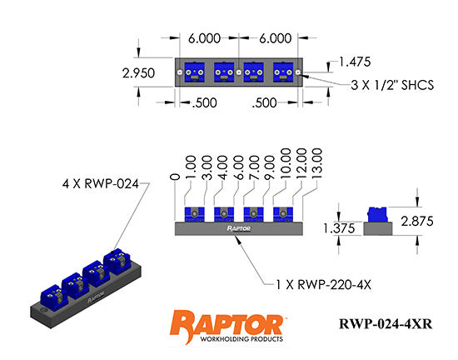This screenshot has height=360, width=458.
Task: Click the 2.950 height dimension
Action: click(x=139, y=73)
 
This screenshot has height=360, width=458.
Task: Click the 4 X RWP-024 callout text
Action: click(x=100, y=183)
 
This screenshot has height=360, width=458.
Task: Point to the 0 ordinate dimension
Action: click(x=174, y=177)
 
